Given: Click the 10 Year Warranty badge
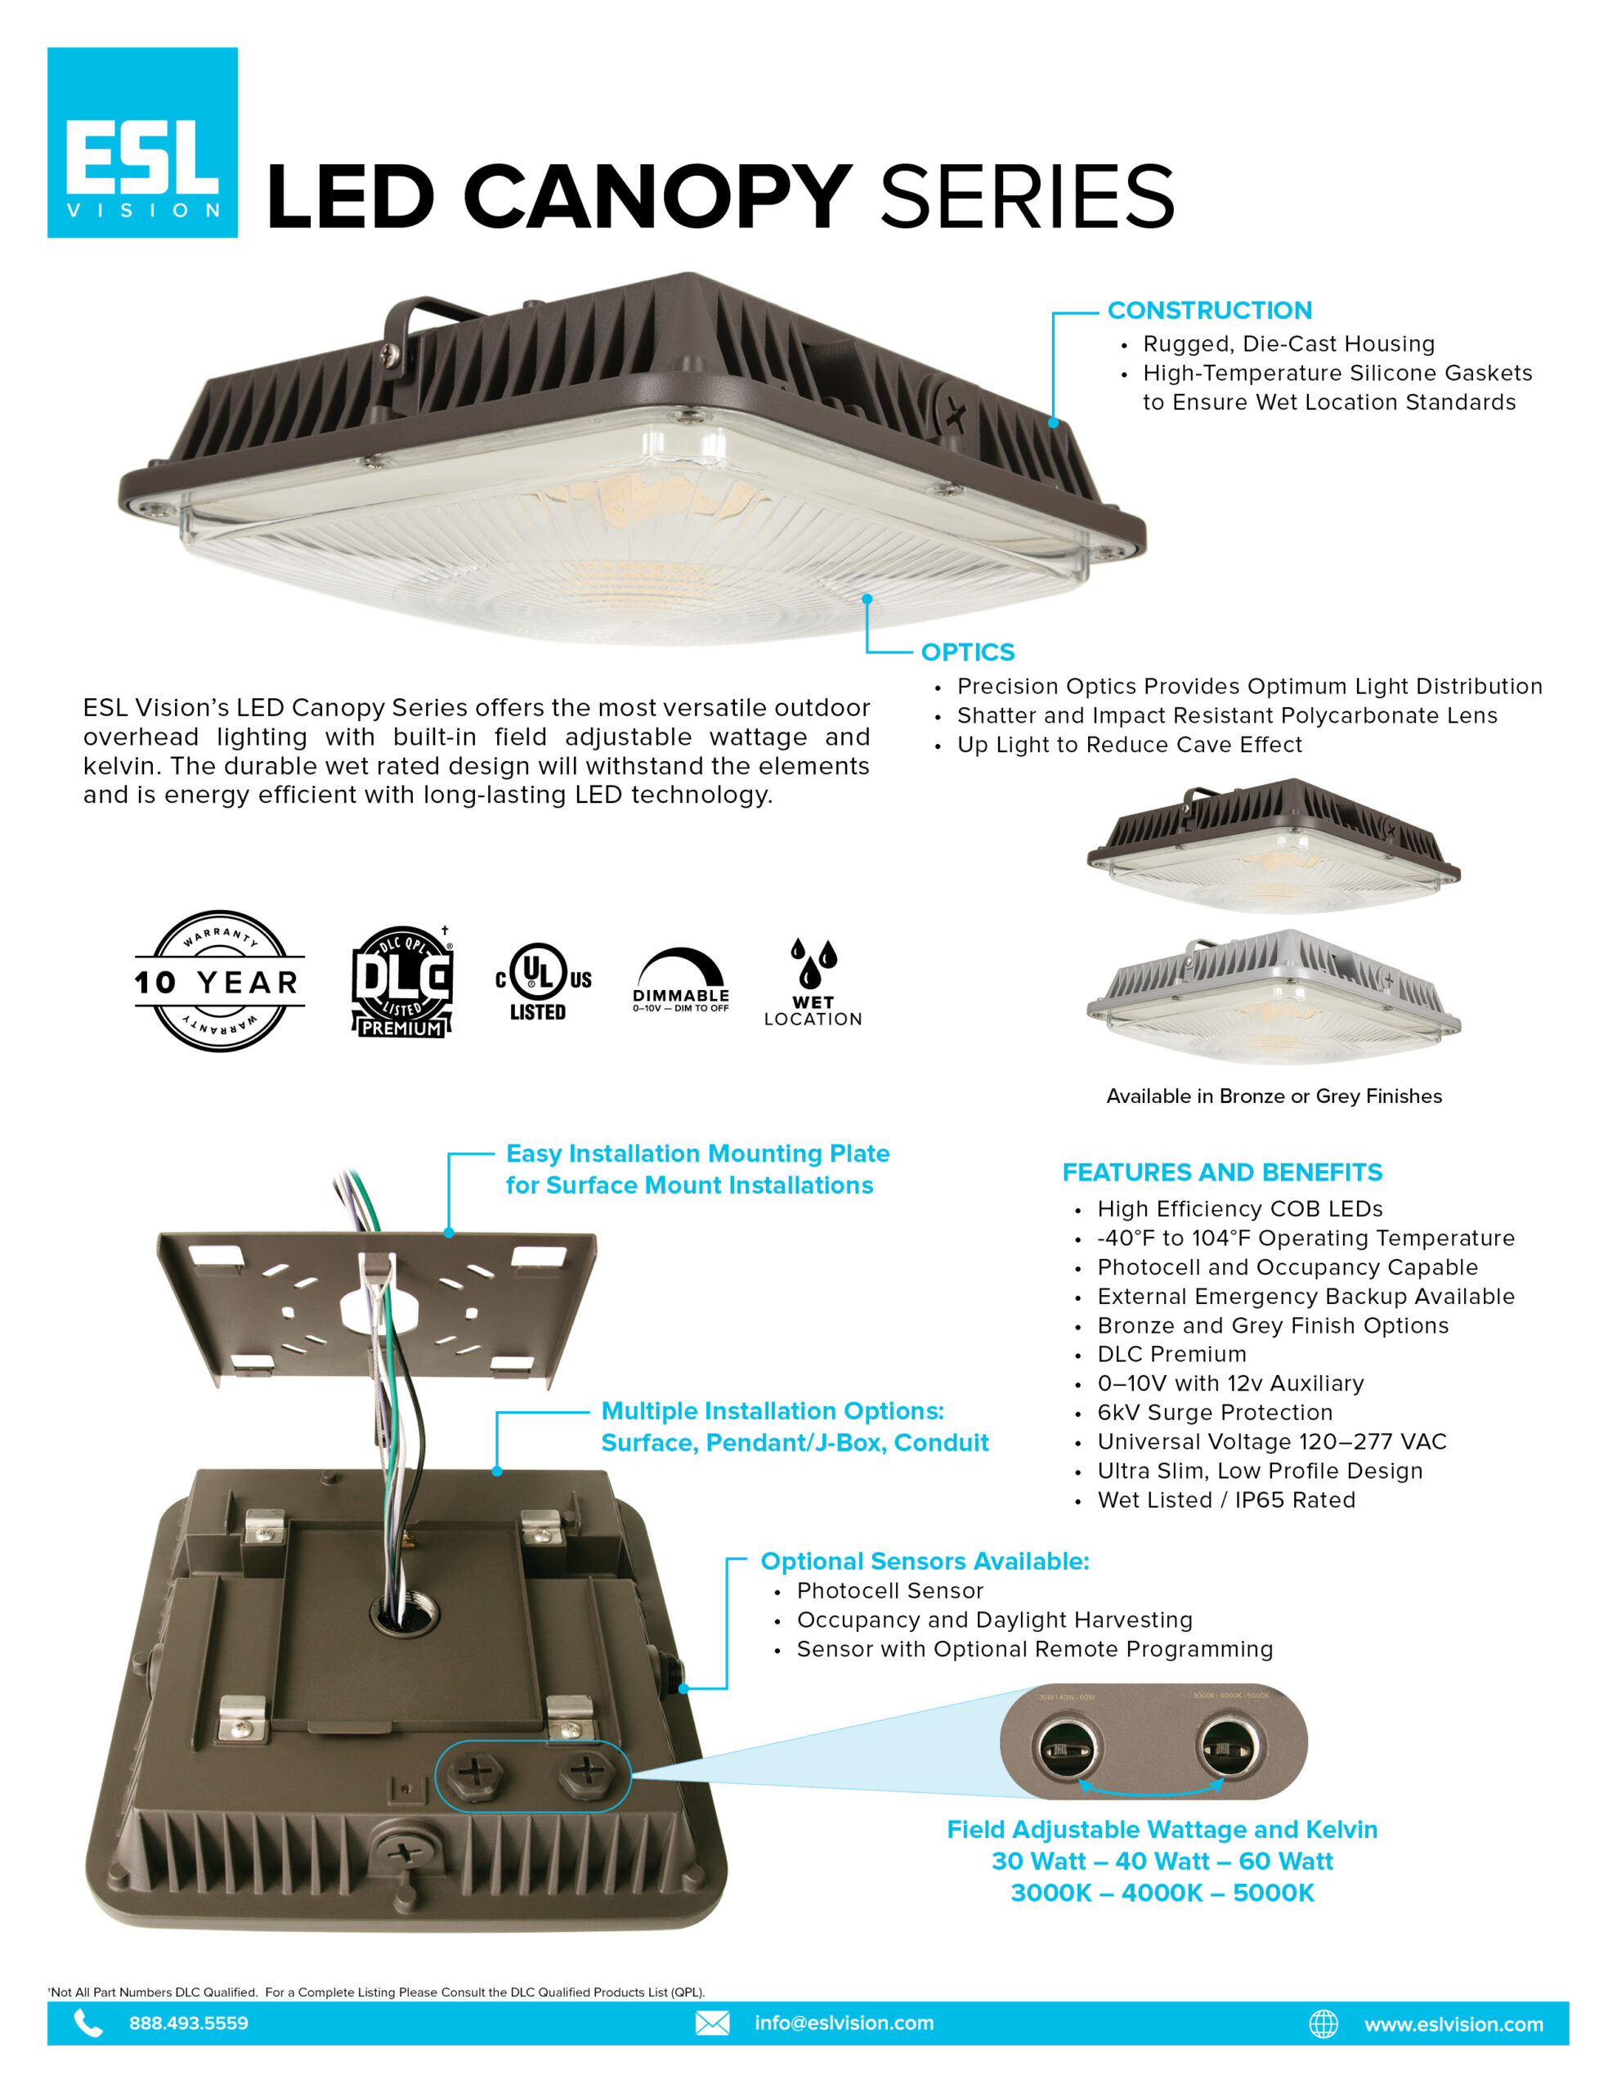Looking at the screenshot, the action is [220, 980].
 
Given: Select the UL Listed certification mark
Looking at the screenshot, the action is [543, 981].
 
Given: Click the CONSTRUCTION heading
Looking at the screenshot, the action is [1210, 311].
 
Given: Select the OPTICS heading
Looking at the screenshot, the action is [967, 652].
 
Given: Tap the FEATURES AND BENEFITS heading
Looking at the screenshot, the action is [1222, 1172].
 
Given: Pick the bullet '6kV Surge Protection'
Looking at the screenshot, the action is [1215, 1413].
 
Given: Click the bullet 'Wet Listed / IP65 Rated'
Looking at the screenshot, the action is [1226, 1499].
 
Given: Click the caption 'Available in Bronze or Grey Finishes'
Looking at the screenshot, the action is [1274, 1096].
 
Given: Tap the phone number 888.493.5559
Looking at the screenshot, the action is [189, 2023].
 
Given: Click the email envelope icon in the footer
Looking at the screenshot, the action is [712, 2023].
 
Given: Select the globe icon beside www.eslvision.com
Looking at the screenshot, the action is [1324, 2024].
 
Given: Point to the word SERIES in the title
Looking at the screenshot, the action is [1028, 196].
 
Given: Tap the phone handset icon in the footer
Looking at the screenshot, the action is [88, 2023].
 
